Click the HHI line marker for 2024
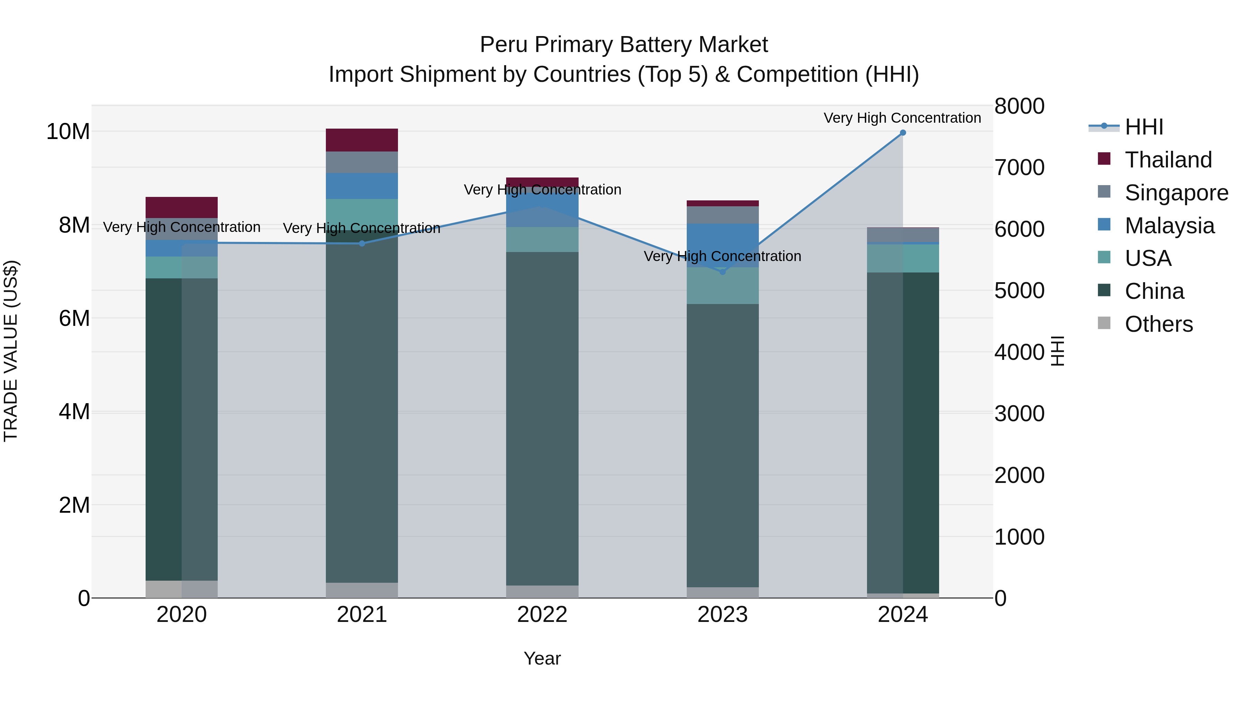903,133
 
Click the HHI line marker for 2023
722,272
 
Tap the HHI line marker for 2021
362,243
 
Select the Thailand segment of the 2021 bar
362,140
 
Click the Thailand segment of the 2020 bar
182,207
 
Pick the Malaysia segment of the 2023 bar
722,245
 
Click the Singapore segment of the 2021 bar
362,162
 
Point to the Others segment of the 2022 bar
542,591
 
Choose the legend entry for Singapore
1176,193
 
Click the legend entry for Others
1158,324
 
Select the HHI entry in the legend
1143,127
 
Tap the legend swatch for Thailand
1104,159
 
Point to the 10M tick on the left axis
68,132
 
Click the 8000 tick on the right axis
1019,106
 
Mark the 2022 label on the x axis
542,615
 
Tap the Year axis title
542,658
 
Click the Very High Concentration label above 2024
902,118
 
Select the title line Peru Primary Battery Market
624,45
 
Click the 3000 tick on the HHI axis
1019,414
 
